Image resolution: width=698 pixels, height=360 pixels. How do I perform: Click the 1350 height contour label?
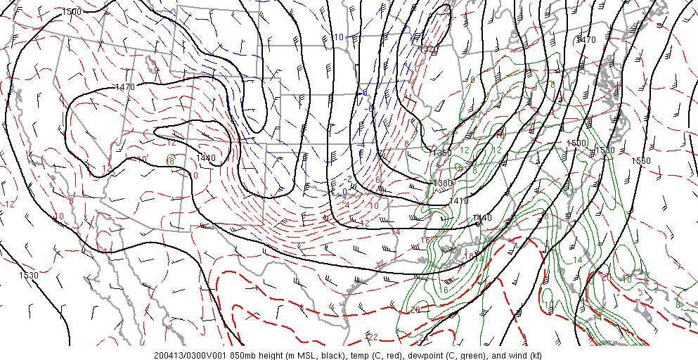click(441, 153)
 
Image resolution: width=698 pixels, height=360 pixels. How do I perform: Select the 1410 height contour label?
click(458, 201)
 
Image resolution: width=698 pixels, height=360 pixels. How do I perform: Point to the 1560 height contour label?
click(640, 161)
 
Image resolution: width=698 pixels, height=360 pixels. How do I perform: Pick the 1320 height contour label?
click(426, 49)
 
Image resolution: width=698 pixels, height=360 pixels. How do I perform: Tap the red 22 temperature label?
click(373, 337)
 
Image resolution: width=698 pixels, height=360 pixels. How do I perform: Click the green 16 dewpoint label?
click(444, 290)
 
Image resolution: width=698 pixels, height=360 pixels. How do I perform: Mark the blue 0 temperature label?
click(345, 192)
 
